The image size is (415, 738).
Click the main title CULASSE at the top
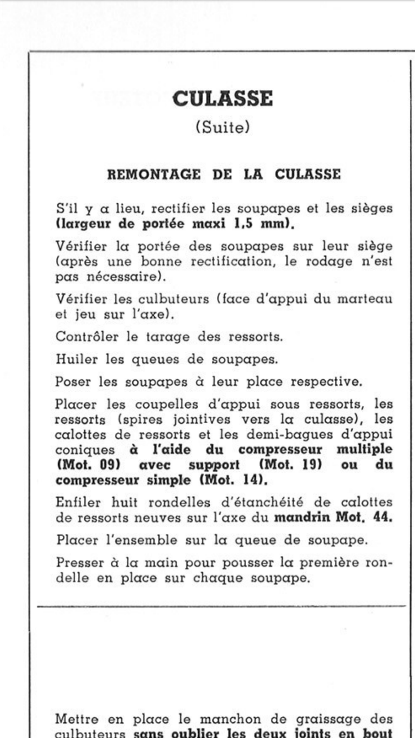222,99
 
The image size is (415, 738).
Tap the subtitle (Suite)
222,127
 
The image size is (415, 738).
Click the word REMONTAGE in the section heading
154,175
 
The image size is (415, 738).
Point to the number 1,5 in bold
243,224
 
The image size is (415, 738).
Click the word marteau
365,299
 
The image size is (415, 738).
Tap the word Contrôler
87,337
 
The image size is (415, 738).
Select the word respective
326,382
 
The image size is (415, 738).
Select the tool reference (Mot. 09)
88,465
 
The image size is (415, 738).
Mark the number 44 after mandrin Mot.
382,517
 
